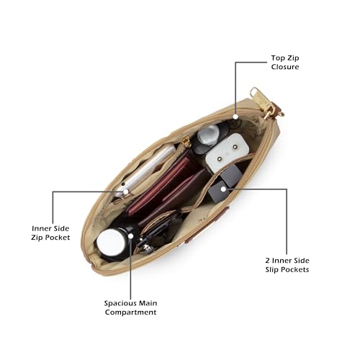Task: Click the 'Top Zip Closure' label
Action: click(x=285, y=63)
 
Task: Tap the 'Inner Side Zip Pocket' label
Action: click(x=50, y=233)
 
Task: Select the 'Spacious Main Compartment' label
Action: click(x=130, y=307)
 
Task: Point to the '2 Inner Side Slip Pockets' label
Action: click(x=287, y=265)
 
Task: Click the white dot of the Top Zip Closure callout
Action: click(x=235, y=117)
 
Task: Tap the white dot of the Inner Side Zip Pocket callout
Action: click(x=126, y=192)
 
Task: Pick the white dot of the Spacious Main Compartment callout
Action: click(x=130, y=236)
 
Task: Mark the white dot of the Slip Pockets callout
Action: click(x=223, y=189)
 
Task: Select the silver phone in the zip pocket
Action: click(x=146, y=171)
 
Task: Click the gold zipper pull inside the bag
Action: click(x=186, y=142)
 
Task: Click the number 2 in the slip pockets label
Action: click(x=268, y=261)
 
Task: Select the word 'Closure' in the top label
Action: click(x=285, y=67)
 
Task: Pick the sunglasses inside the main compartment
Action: click(x=158, y=230)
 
